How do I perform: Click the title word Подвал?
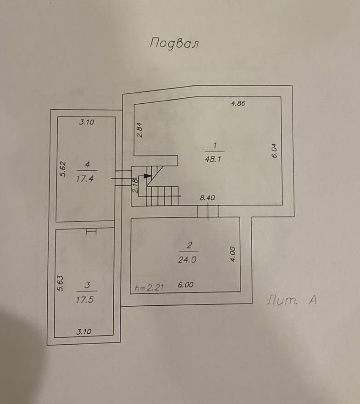tap(174, 44)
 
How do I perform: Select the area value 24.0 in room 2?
tap(187, 259)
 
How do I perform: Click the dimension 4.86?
tap(238, 103)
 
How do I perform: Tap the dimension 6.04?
tap(275, 151)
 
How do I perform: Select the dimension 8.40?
tap(208, 198)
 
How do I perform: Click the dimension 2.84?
tap(140, 130)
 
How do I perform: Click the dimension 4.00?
tap(233, 254)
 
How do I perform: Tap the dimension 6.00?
tap(185, 285)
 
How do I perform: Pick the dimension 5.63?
tap(60, 283)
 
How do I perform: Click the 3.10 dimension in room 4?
tap(86, 122)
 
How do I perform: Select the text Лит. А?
tap(292, 301)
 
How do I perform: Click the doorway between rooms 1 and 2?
tap(208, 211)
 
